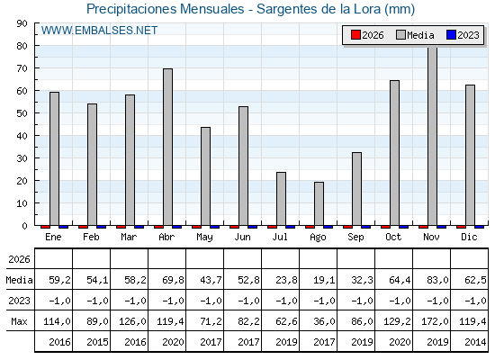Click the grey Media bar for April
(167, 147)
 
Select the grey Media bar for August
(319, 203)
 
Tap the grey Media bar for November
(432, 136)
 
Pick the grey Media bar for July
(281, 199)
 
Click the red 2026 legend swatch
(355, 35)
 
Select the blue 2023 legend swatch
(451, 35)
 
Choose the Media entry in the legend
(416, 35)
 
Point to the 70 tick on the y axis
(22, 68)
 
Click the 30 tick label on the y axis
(22, 158)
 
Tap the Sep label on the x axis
(355, 237)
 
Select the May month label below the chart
(205, 238)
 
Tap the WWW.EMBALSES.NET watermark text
(99, 31)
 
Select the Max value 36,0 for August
(324, 321)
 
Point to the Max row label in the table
(19, 321)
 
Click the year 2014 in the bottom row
(475, 342)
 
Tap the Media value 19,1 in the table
(324, 280)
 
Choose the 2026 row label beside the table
(19, 259)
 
